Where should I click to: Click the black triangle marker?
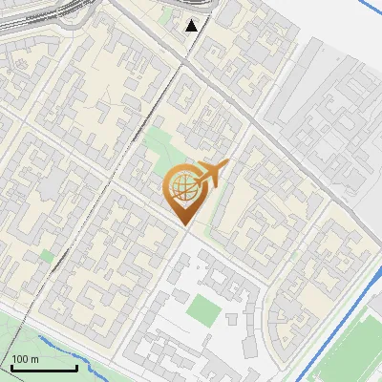tap(192, 26)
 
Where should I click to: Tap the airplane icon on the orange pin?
tap(209, 175)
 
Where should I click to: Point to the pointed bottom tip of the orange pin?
tap(185, 225)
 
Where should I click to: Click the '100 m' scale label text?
tap(25, 359)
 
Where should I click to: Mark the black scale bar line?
tap(44, 369)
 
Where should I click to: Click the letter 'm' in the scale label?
tap(34, 359)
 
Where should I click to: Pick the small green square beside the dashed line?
tap(46, 256)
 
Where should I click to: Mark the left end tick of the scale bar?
tap(11, 367)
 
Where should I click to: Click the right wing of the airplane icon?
tap(214, 181)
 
